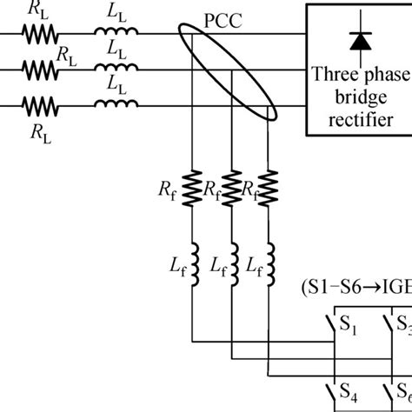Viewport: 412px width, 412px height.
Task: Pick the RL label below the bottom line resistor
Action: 37,133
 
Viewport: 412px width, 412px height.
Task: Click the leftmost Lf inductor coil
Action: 193,258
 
